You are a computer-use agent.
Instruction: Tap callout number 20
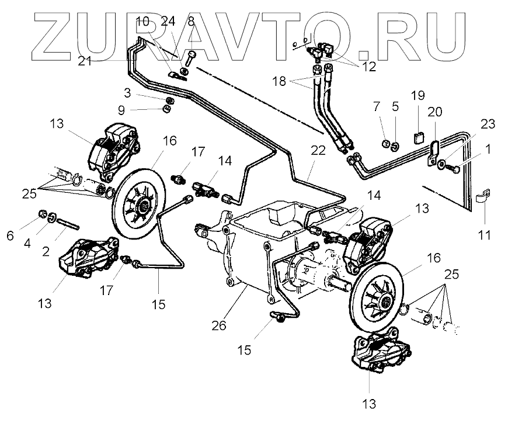(435, 111)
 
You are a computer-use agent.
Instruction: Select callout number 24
(168, 22)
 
